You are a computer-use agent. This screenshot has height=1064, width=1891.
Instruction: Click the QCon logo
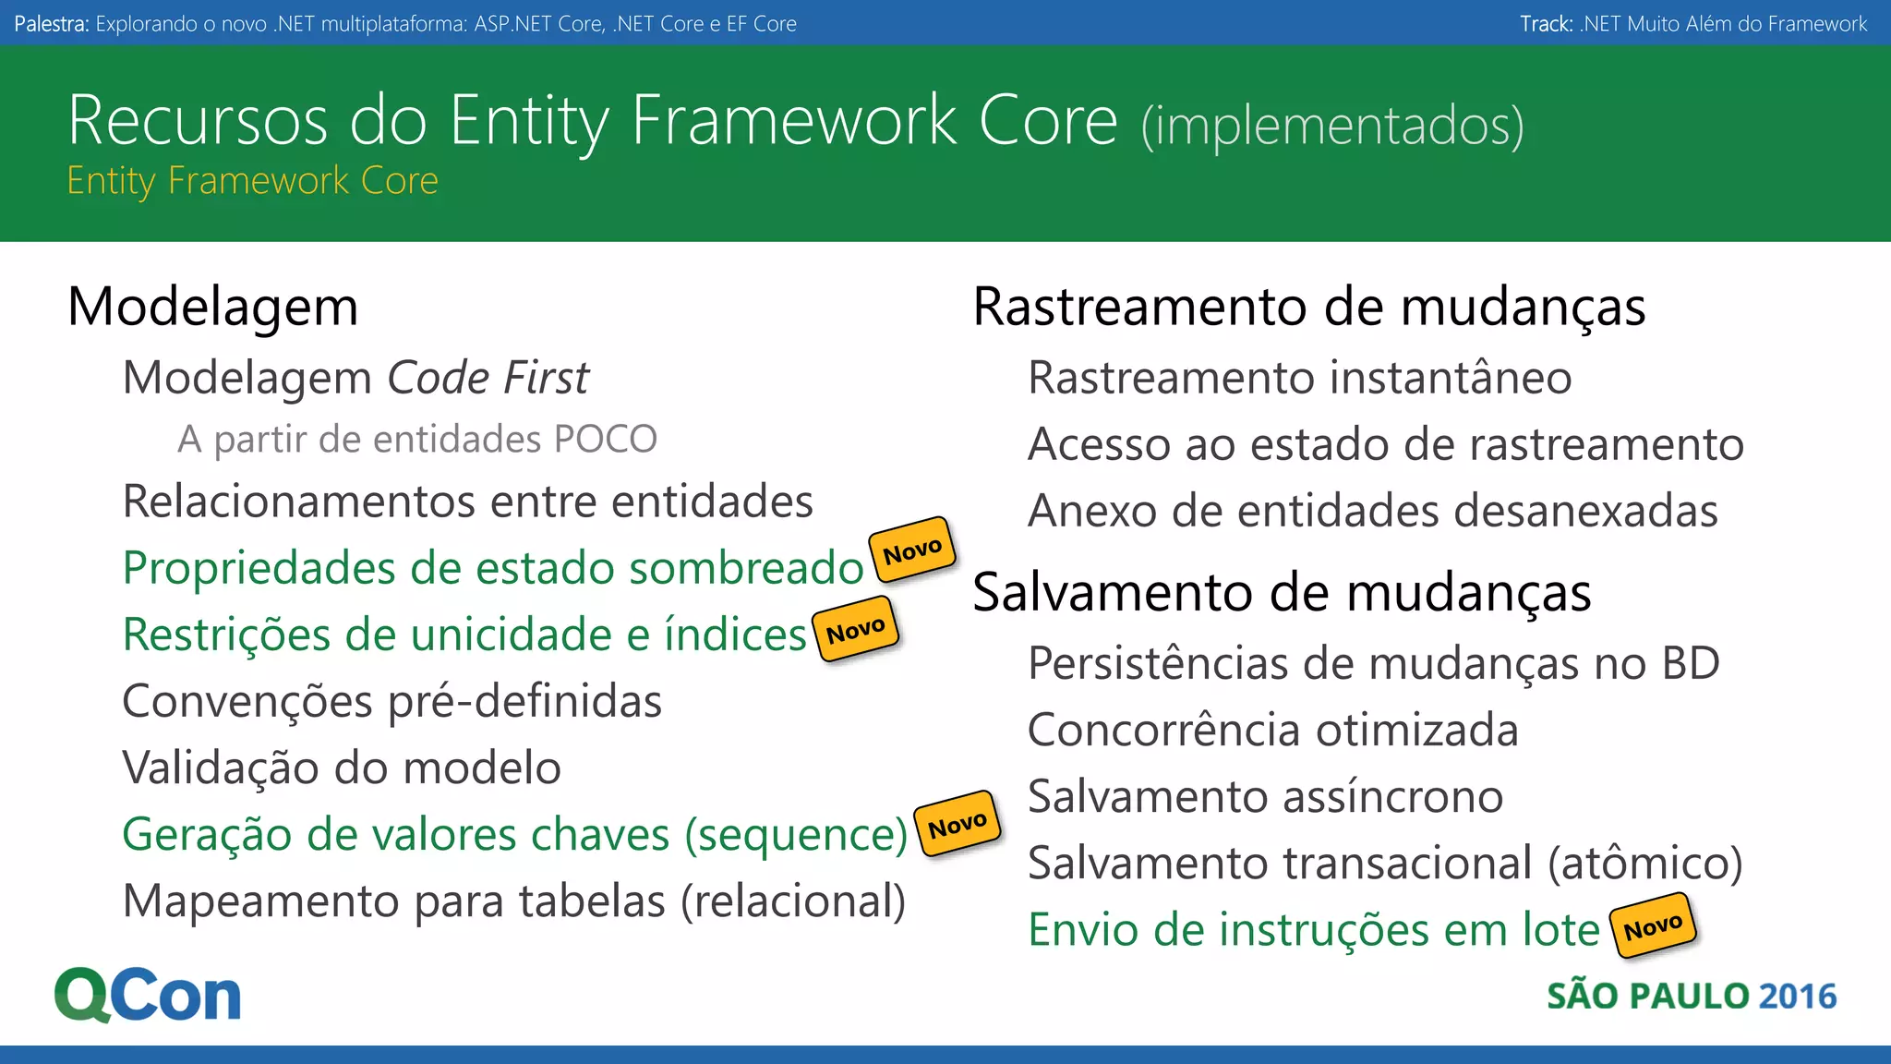148,995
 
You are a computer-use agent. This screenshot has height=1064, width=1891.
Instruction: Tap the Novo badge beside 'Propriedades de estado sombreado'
912,550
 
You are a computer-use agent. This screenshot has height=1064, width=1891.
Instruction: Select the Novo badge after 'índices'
856,630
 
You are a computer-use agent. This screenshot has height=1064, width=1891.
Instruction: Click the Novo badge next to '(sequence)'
958,824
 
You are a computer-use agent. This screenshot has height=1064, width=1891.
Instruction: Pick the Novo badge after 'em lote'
1653,925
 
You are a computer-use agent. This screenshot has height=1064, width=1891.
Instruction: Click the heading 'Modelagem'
212,307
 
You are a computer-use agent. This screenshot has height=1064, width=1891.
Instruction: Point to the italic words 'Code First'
488,378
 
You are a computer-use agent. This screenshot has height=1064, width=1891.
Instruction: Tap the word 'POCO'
605,439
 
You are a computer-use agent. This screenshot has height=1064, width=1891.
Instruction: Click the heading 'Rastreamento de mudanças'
1308,307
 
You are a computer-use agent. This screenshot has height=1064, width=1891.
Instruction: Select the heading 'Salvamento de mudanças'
1282,592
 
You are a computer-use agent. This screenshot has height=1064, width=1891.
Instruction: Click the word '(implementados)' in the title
1331,126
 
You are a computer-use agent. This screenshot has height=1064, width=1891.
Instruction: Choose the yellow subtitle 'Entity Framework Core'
252,180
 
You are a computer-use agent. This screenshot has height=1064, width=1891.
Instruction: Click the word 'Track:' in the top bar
1546,24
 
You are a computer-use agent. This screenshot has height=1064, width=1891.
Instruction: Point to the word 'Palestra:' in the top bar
52,24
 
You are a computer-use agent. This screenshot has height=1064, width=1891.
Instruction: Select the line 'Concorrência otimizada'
1272,730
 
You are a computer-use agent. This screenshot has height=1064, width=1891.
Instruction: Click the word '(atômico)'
1644,863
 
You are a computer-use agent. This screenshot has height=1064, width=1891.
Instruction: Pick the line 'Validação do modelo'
342,768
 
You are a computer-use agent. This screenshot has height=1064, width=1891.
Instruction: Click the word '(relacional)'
793,901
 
